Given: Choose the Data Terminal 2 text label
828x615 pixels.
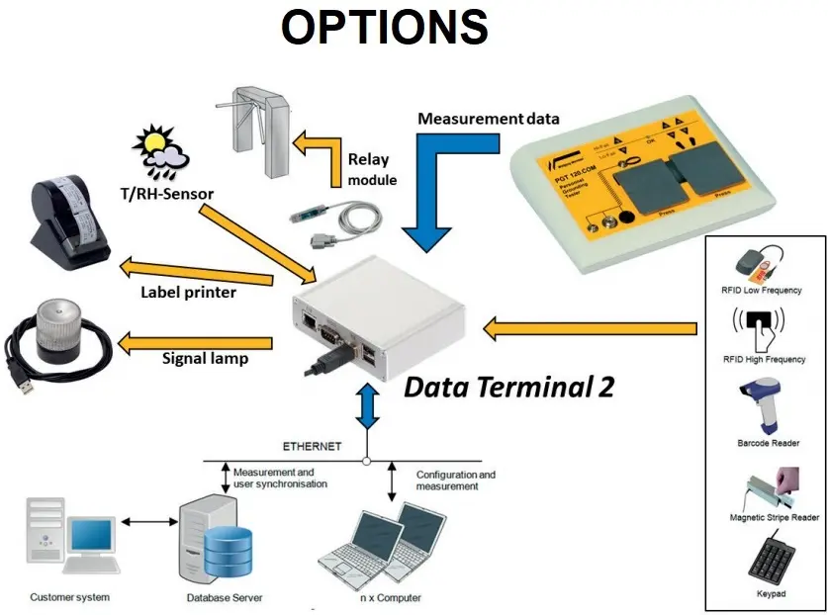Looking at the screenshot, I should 508,386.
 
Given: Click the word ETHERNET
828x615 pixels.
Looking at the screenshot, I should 311,447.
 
